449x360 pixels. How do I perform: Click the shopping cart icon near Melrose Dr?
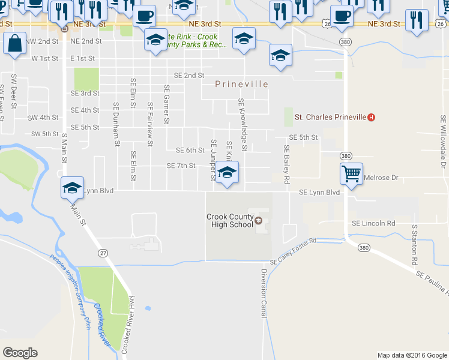pos(351,173)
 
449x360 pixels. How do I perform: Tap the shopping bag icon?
pos(14,44)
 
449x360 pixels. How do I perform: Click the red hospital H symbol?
pos(371,117)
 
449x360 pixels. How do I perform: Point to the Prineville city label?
pos(242,85)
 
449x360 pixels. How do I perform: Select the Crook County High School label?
pos(229,220)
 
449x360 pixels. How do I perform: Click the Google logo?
pos(20,353)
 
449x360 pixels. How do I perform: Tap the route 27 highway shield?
pos(103,254)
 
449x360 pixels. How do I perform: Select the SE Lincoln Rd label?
pos(373,223)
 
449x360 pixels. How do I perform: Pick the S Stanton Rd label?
pos(414,245)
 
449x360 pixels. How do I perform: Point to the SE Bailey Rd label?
pos(287,164)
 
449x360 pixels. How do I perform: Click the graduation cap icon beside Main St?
pos(71,188)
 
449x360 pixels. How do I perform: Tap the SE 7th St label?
pos(181,166)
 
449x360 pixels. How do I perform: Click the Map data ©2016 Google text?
pos(411,355)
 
